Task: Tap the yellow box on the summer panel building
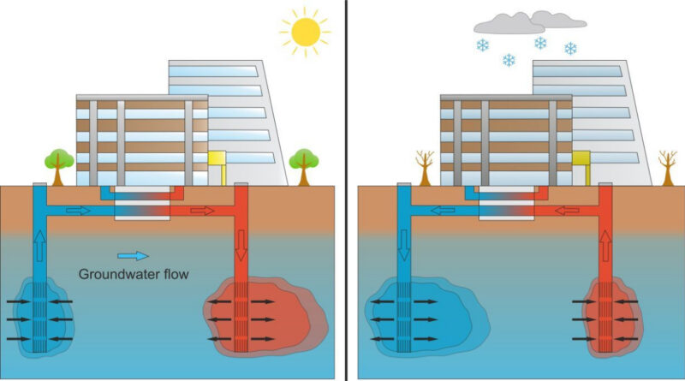[x=217, y=159]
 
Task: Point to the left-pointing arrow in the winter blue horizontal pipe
[x=442, y=211]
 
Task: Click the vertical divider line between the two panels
[x=347, y=190]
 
